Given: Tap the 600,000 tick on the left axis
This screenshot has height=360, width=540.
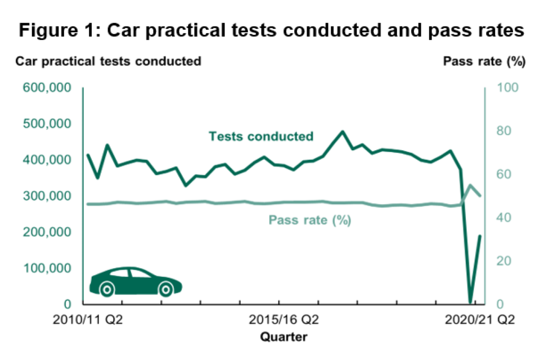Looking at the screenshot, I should tap(47, 88).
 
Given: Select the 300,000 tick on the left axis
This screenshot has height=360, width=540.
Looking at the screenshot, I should tap(47, 196).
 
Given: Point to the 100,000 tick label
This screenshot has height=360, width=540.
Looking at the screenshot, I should tap(47, 268).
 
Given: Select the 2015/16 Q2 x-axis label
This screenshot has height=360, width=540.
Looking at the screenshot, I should tap(284, 321).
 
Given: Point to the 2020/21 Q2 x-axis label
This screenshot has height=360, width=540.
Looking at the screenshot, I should tap(480, 321).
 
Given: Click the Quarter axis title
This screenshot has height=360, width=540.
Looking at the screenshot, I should tap(284, 337).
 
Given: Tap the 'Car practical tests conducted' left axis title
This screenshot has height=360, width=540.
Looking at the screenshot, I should tap(109, 61).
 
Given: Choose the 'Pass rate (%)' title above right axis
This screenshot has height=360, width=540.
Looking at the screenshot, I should tap(484, 61).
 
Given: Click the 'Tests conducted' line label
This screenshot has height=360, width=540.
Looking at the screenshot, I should tap(260, 136).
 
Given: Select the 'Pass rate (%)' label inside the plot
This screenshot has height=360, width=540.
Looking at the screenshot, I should tap(310, 220).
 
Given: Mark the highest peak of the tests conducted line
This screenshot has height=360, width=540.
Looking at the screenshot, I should tap(343, 132).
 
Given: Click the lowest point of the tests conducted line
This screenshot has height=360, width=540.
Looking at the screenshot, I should tap(470, 303).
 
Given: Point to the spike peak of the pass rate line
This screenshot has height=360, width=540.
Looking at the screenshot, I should tap(470, 185).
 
